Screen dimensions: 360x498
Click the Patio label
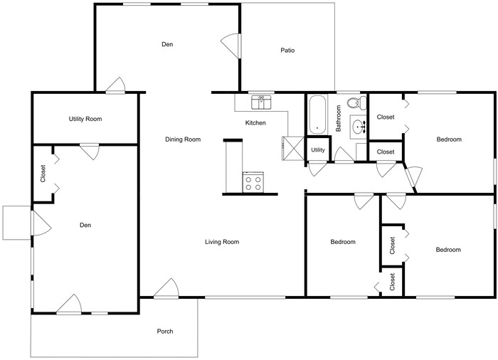(x=287, y=51)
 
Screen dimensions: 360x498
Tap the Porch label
(x=164, y=332)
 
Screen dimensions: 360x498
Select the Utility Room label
(x=85, y=119)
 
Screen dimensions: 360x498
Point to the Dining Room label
(x=183, y=139)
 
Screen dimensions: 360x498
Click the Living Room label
(x=222, y=242)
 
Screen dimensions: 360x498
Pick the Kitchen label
(x=255, y=123)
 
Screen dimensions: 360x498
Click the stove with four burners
(x=253, y=183)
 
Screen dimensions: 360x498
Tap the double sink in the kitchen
(x=262, y=102)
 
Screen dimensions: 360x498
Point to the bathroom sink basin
(x=359, y=127)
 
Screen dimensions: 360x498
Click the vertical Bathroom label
(x=339, y=119)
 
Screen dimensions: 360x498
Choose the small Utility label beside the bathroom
(x=318, y=150)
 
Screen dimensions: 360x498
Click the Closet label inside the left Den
(x=43, y=174)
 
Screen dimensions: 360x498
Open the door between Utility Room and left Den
(x=89, y=150)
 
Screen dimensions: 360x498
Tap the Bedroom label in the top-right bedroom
(x=449, y=139)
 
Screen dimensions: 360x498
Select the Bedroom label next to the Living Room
(x=343, y=242)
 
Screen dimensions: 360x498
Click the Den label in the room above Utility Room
(x=167, y=45)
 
